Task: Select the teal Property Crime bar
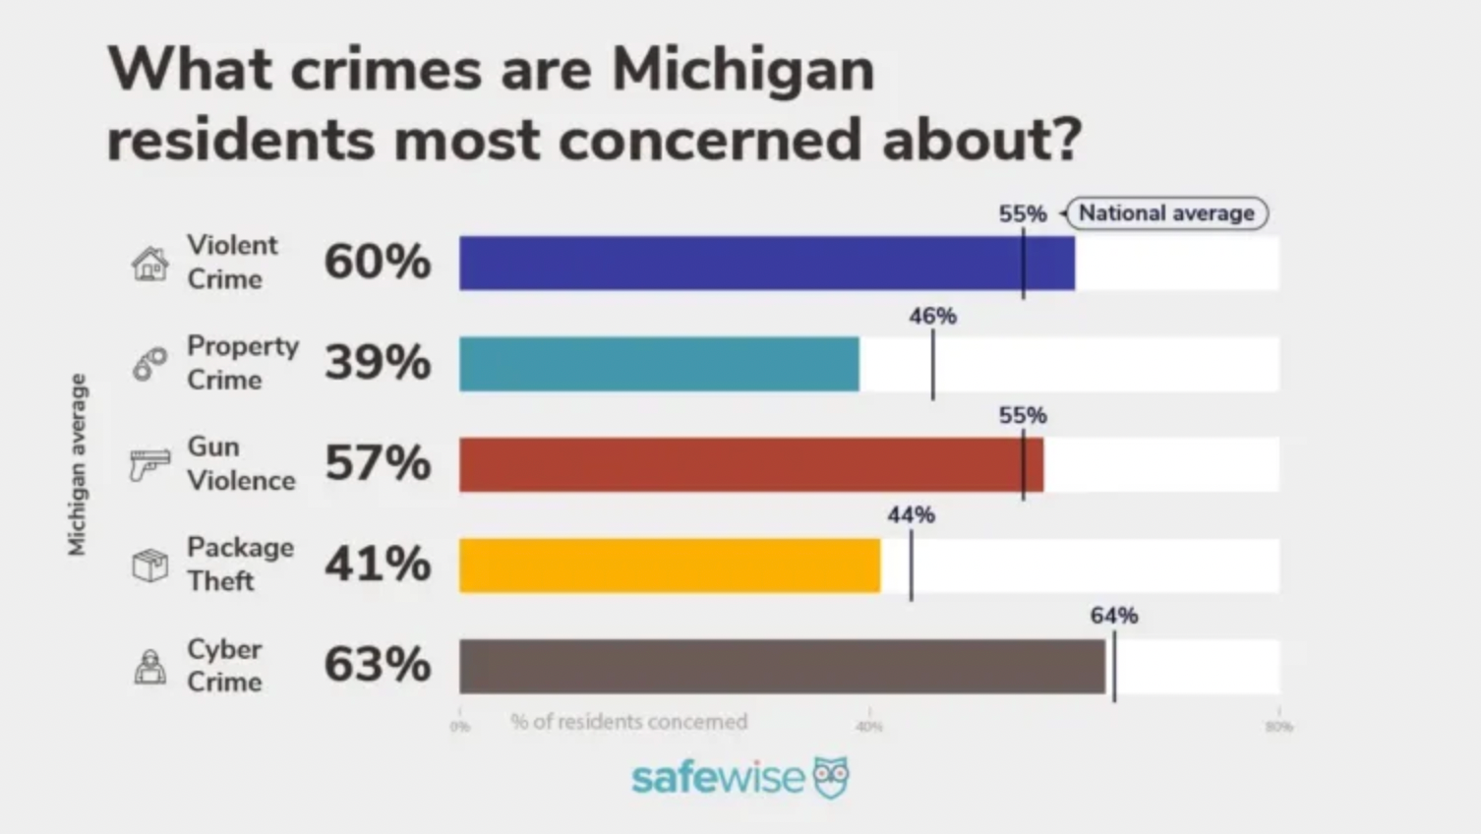click(x=658, y=364)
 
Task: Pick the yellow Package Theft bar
click(x=669, y=566)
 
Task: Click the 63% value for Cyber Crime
click(x=378, y=664)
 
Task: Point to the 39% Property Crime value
click(x=378, y=362)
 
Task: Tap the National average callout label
click(x=1166, y=213)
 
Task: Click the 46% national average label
click(x=932, y=316)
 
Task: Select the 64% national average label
click(x=1113, y=616)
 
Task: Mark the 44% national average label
click(x=911, y=514)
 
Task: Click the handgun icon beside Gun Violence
click(x=149, y=464)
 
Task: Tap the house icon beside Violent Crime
click(x=149, y=264)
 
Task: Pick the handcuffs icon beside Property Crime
click(x=149, y=364)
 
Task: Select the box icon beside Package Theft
click(x=149, y=566)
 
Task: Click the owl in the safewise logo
click(x=831, y=777)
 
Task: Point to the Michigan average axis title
click(x=77, y=464)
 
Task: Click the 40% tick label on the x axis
click(x=868, y=727)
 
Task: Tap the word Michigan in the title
click(x=742, y=70)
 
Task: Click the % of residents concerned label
click(x=629, y=722)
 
